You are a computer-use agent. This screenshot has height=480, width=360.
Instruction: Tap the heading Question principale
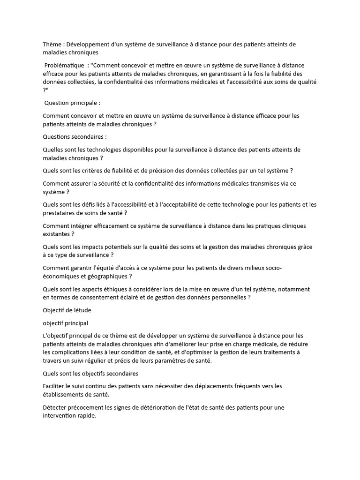tap(72, 103)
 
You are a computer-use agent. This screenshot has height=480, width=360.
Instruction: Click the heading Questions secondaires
tap(75, 137)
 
